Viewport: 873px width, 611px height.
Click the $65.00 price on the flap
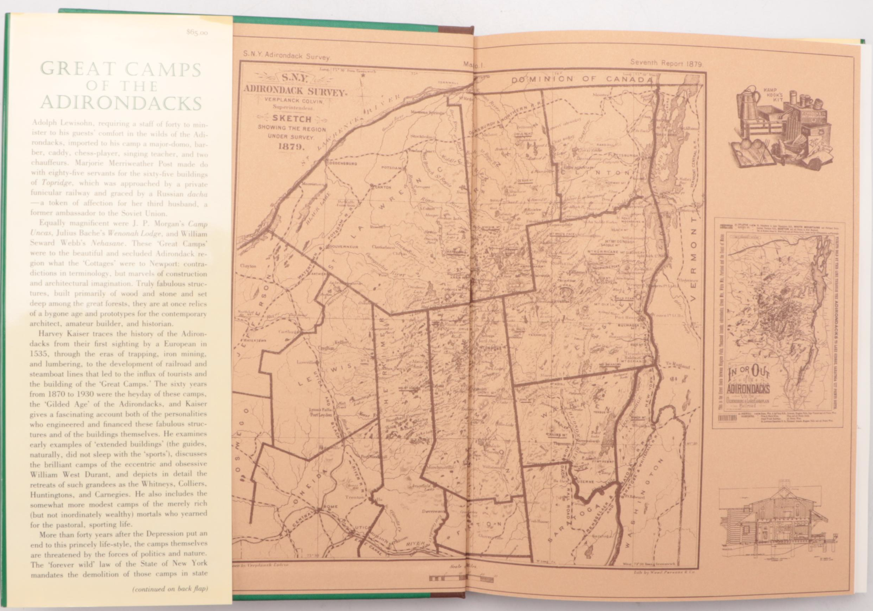(x=197, y=33)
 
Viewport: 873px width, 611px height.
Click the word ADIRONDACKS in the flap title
(x=121, y=103)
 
